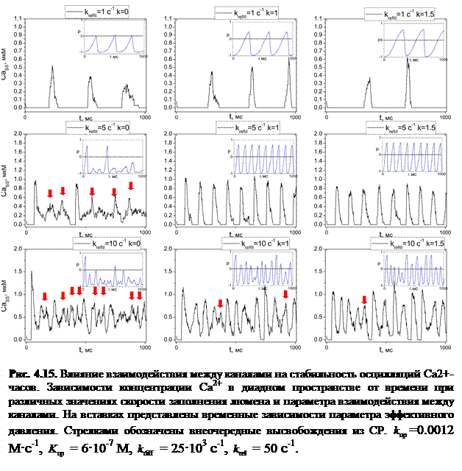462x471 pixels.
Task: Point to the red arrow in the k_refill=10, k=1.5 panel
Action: (364, 300)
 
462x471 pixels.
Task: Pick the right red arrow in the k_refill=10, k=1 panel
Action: (285, 294)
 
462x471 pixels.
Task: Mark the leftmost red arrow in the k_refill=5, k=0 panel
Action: (49, 193)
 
